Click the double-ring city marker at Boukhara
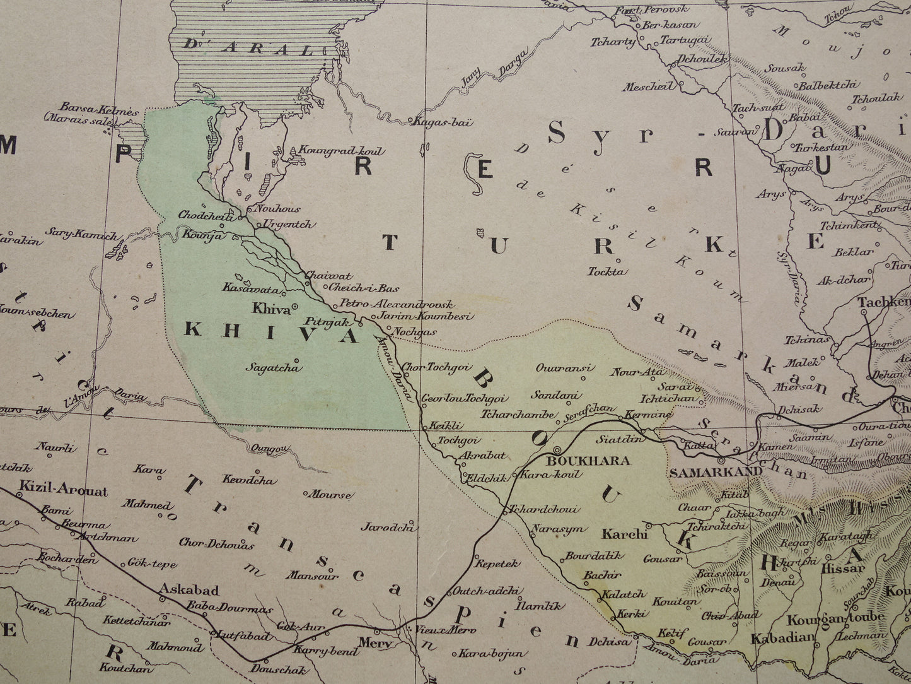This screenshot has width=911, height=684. pyautogui.click(x=559, y=451)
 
